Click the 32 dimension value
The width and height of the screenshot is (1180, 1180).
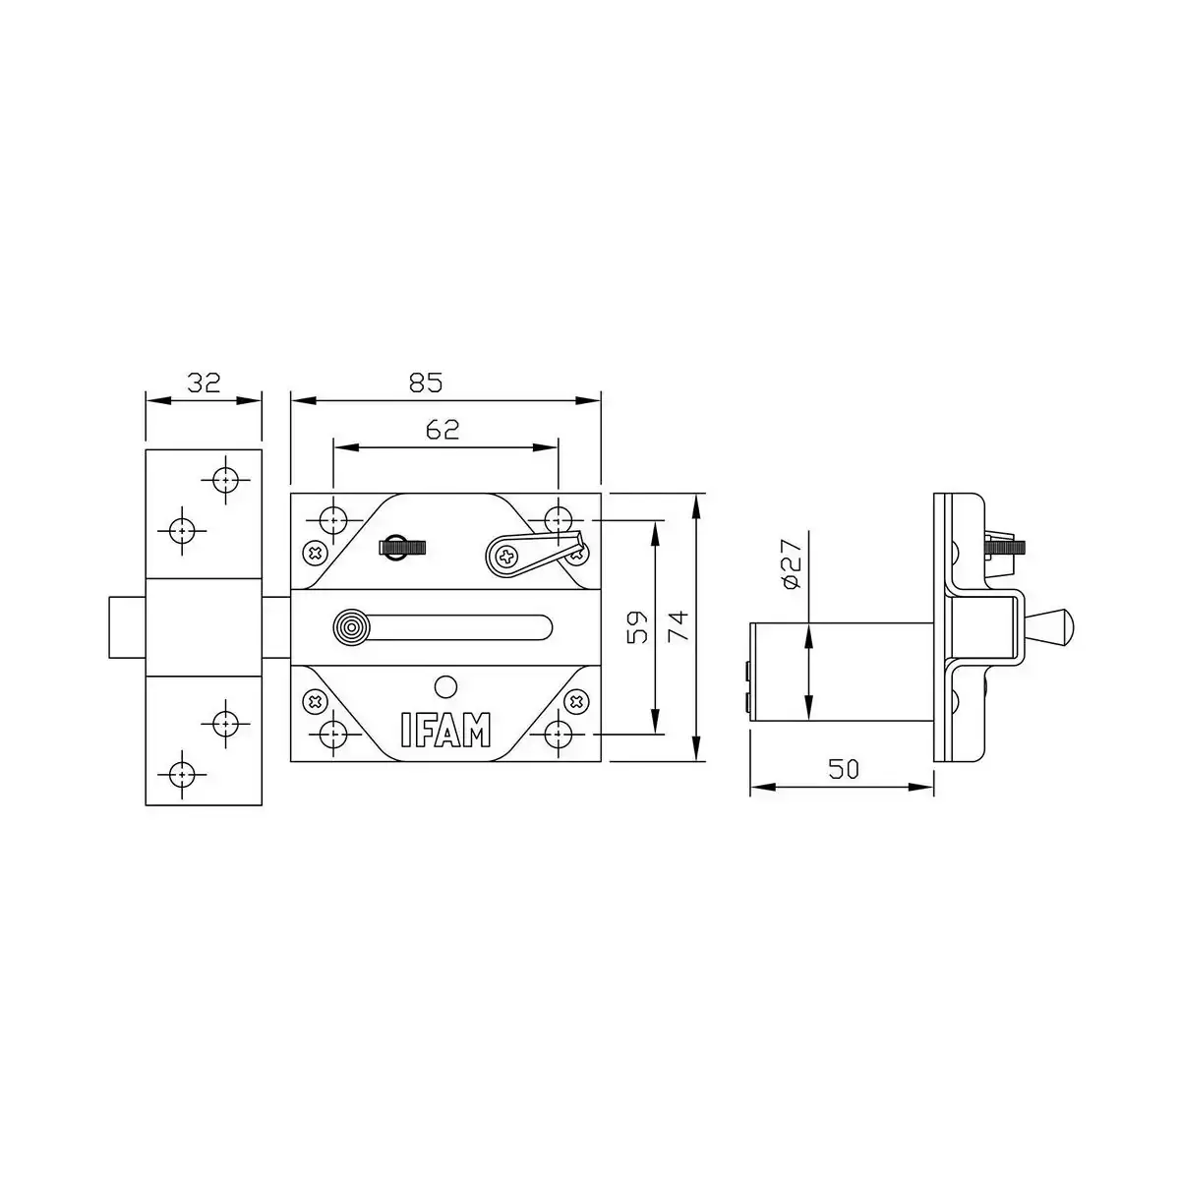(204, 383)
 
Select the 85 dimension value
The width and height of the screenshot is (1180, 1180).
(426, 383)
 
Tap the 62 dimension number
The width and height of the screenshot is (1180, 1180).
(443, 430)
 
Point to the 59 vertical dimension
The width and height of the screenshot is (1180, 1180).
(636, 626)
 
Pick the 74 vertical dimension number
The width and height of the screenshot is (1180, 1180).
(678, 626)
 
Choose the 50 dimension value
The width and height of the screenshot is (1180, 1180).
(843, 769)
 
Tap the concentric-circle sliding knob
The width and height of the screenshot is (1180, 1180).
(349, 627)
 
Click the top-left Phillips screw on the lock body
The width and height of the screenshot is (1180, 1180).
(315, 554)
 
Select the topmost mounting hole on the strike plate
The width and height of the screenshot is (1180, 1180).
(226, 480)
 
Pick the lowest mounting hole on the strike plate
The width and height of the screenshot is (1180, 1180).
(181, 774)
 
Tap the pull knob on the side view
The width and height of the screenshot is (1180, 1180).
(1050, 626)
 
